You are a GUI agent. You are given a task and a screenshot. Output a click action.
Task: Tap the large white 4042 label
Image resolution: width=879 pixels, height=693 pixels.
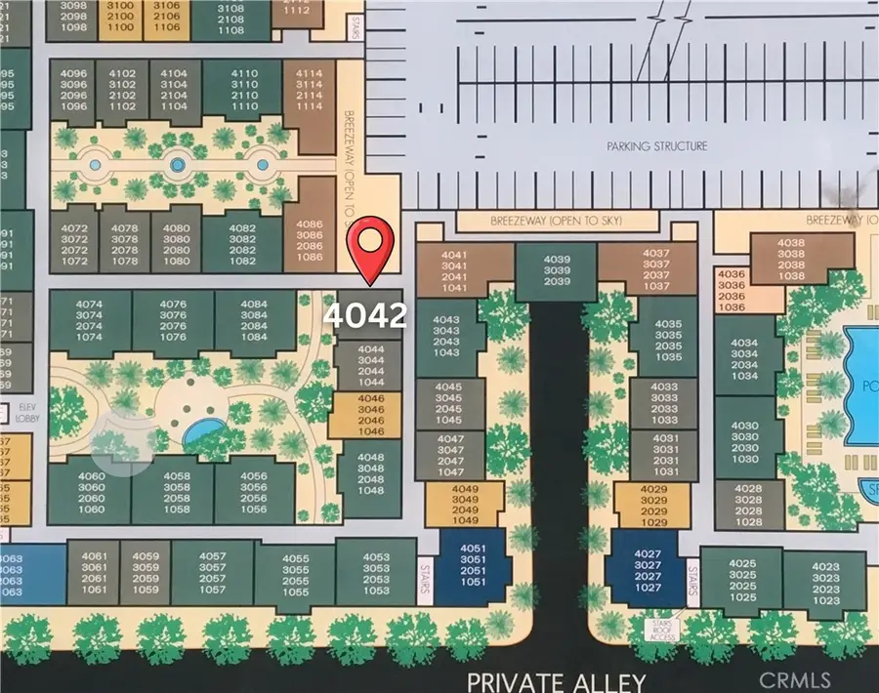click(366, 315)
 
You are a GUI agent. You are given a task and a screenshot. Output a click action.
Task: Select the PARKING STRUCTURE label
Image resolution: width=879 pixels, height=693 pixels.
click(656, 146)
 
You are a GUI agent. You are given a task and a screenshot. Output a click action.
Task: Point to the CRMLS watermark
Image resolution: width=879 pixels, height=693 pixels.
click(797, 679)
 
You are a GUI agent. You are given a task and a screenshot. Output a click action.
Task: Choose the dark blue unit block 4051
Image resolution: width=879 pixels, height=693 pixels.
click(472, 564)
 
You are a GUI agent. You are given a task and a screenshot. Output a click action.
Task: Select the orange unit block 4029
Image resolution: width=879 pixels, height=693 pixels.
click(653, 503)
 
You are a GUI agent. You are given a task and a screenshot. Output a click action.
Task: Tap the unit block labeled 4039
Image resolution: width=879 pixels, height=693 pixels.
click(556, 268)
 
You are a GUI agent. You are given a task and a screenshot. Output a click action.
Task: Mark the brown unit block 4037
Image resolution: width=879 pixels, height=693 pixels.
click(656, 269)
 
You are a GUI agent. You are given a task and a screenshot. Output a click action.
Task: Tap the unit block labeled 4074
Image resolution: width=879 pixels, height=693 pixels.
click(90, 320)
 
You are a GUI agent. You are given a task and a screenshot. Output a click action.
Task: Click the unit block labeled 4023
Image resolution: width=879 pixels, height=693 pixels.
click(825, 583)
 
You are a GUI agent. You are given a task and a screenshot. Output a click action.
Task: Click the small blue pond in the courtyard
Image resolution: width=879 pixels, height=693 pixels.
click(203, 430)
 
